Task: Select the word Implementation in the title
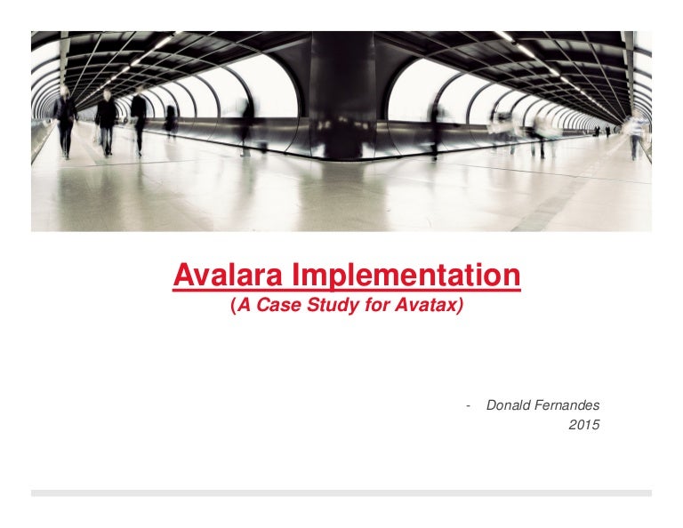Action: [406, 275]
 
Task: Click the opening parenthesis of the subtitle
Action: [233, 305]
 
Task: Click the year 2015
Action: [584, 424]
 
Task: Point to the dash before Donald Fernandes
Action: [469, 406]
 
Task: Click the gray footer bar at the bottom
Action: [341, 493]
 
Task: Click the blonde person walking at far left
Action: [65, 122]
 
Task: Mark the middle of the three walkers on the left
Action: [106, 122]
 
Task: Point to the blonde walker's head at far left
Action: [65, 92]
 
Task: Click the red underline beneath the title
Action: [347, 289]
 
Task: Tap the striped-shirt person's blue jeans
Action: [636, 147]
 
